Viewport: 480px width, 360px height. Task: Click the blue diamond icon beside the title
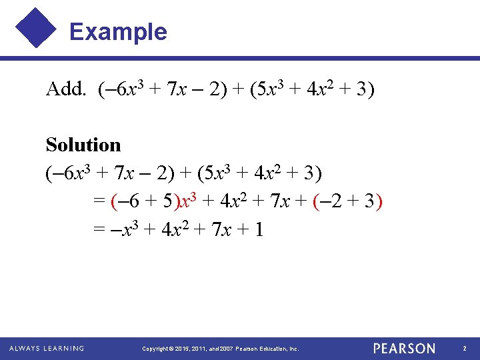(37, 27)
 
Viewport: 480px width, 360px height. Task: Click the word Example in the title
(118, 31)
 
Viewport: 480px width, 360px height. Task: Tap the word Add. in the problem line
(66, 89)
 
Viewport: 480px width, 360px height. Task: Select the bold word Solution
(83, 145)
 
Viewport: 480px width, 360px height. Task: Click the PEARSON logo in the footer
(404, 348)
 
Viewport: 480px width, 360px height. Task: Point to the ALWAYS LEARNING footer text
(47, 348)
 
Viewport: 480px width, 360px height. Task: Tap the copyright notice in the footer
(221, 349)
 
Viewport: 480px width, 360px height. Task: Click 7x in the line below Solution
(123, 173)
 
